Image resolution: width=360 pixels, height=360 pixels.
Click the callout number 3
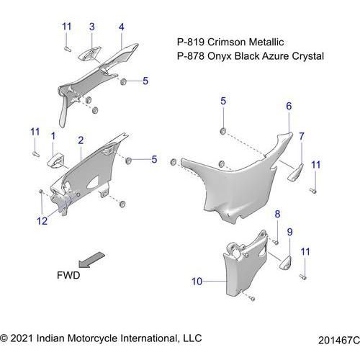tap(92, 27)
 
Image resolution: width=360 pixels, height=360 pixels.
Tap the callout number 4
tap(122, 27)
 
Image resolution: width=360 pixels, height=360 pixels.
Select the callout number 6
tap(289, 106)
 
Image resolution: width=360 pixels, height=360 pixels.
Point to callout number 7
tap(302, 136)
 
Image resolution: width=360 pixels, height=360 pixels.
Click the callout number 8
tap(277, 214)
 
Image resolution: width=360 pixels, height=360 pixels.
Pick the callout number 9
tap(290, 232)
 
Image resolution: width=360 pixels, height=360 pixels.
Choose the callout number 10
tap(197, 282)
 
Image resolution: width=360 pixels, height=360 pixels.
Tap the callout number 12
tap(42, 221)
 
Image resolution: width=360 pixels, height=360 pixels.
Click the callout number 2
tap(81, 140)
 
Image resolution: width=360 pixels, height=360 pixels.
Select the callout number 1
tap(53, 136)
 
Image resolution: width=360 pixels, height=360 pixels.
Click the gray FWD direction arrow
tap(91, 259)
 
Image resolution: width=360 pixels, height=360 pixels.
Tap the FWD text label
tap(68, 275)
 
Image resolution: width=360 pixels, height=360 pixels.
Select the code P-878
tap(191, 56)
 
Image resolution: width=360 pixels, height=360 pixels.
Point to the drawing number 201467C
tap(339, 341)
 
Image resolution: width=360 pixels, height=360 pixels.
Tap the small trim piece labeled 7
tap(295, 172)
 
